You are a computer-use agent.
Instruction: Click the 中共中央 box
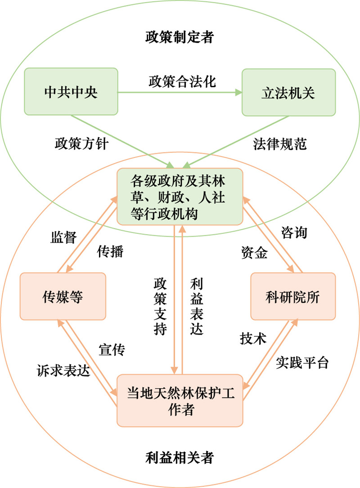click(x=71, y=91)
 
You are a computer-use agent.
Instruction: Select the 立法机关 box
click(x=289, y=93)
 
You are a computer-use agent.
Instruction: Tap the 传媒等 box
click(x=63, y=296)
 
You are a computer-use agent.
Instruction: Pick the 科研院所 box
click(x=293, y=296)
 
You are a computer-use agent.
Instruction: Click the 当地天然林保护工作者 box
click(x=180, y=401)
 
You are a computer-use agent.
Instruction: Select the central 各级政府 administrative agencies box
click(x=180, y=197)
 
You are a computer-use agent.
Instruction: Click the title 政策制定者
click(x=180, y=37)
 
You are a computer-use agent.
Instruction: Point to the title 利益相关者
click(x=180, y=458)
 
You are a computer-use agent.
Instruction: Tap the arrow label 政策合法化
click(x=182, y=81)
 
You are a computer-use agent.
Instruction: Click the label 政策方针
click(x=81, y=144)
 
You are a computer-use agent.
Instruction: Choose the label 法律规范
click(x=279, y=144)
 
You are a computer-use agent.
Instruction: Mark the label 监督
click(x=63, y=237)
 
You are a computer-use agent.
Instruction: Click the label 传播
click(x=110, y=251)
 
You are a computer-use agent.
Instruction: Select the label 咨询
click(x=294, y=232)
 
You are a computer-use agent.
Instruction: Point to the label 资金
click(x=254, y=252)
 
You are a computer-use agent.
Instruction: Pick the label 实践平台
click(x=302, y=363)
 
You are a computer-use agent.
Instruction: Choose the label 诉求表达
click(x=63, y=370)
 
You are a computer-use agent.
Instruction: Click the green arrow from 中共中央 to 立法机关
click(x=180, y=92)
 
